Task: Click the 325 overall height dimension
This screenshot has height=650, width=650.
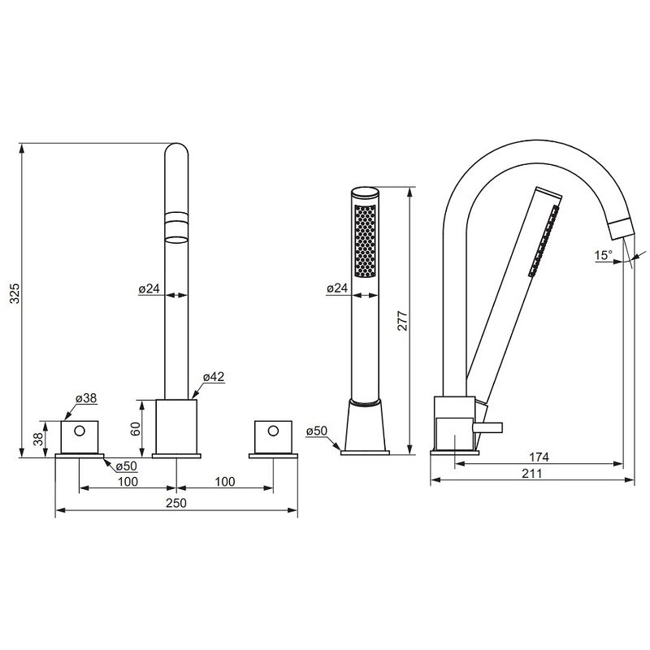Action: tap(15, 293)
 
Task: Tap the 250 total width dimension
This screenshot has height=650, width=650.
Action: tap(176, 503)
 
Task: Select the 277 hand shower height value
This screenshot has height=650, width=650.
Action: tap(403, 320)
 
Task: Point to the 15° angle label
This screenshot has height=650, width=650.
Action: tap(603, 255)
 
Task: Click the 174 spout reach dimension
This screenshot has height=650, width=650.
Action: tap(539, 457)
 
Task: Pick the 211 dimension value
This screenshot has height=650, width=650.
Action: tap(532, 474)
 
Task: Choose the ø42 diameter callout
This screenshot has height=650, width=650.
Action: tap(214, 376)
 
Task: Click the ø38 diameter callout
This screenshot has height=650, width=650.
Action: tap(86, 398)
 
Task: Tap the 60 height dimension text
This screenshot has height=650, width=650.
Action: tap(136, 429)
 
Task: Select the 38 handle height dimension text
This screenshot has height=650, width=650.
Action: tap(38, 439)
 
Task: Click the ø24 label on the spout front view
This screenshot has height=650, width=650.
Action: tap(149, 288)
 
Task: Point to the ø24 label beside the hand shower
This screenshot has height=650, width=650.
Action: tap(337, 288)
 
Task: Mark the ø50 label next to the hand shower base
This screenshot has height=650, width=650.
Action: tap(317, 431)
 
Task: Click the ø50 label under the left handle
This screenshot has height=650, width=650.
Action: tap(127, 466)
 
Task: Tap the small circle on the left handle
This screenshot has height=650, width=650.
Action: tap(79, 431)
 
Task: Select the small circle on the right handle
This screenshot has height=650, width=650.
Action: tap(273, 431)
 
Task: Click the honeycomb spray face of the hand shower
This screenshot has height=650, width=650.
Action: tap(365, 240)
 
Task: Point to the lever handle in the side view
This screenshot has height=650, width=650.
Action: tap(487, 427)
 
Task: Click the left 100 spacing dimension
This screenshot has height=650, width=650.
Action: tap(128, 481)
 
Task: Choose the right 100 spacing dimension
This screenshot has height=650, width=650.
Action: tap(225, 481)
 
